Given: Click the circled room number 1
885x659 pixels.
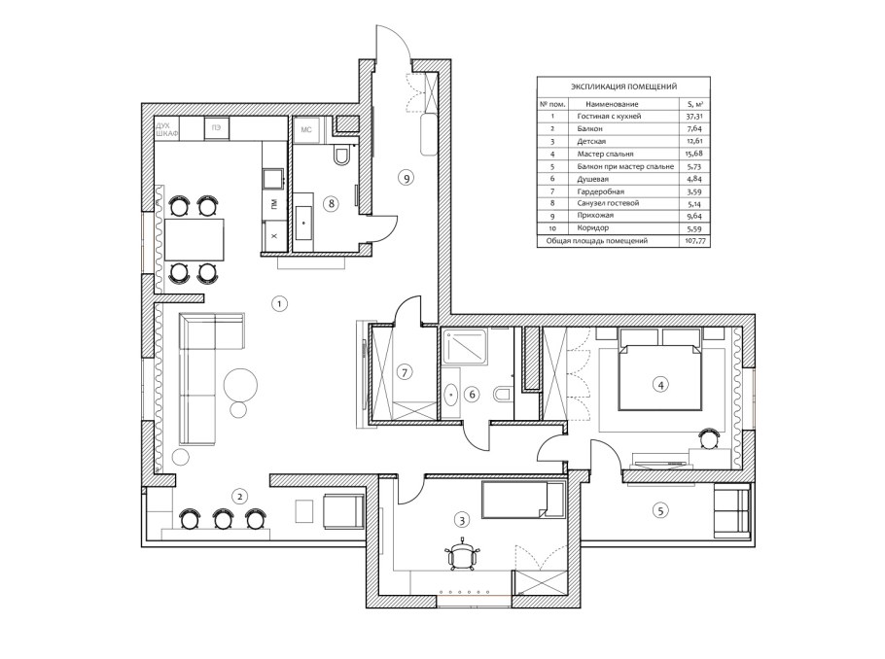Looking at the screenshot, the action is pos(279,304).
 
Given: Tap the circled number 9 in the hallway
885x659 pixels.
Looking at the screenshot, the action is pos(406,178).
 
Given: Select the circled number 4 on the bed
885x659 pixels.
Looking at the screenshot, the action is pos(659,385).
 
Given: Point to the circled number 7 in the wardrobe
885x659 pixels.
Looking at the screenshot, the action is pos(405,372).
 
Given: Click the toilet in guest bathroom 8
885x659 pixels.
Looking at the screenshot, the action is pos(342,156).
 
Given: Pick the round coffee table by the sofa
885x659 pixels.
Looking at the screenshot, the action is pos(240,386).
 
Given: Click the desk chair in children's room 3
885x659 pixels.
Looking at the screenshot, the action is pos(463,556).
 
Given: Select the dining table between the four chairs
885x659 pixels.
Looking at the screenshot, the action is pos(195,239).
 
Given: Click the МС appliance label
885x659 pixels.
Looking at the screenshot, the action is pos(306,130).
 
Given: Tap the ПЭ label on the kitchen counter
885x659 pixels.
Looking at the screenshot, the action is pos(216,128).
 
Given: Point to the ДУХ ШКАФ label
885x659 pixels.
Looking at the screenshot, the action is pos(167,129).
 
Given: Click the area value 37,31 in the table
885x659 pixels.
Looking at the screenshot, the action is pos(693,117).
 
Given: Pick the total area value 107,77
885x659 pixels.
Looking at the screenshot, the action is pos(693,241).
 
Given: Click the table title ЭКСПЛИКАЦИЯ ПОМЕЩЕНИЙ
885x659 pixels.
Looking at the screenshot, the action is pos(623,87).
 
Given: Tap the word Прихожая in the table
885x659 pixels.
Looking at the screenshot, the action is pos(595,216).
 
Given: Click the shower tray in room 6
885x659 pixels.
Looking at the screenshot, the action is pos(466,346).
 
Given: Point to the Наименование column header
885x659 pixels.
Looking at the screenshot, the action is pos(612,104).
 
